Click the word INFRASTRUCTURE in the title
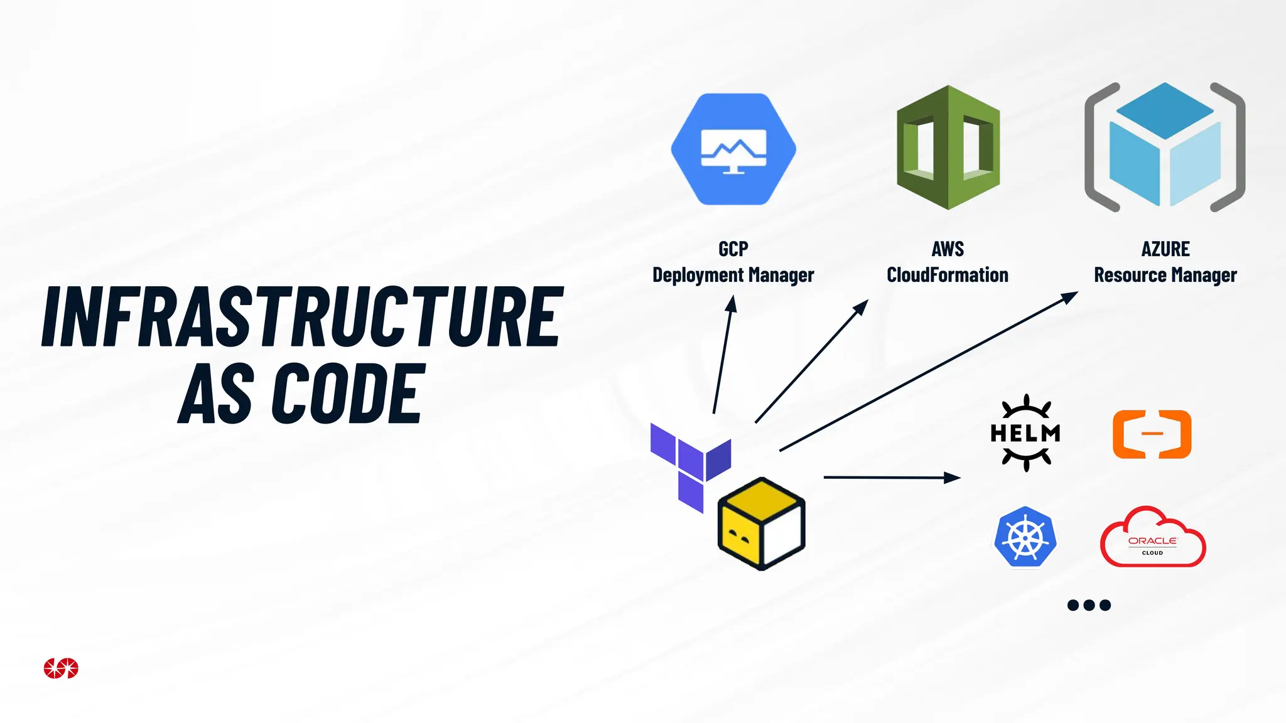coord(301,317)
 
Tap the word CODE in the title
coord(349,394)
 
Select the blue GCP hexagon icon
coord(733,149)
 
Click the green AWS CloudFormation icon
coord(948,148)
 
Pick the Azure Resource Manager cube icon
coord(1165,146)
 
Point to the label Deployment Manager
coord(733,275)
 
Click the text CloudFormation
coord(947,275)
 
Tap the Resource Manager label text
coord(1165,275)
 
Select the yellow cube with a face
coord(761,523)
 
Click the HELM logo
coord(1025,433)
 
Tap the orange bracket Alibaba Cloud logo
coord(1152,434)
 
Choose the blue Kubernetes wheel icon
coord(1025,538)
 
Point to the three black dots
coord(1089,605)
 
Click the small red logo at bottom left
coord(61,668)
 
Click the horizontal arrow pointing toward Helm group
coord(892,478)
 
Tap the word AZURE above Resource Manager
coord(1165,249)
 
